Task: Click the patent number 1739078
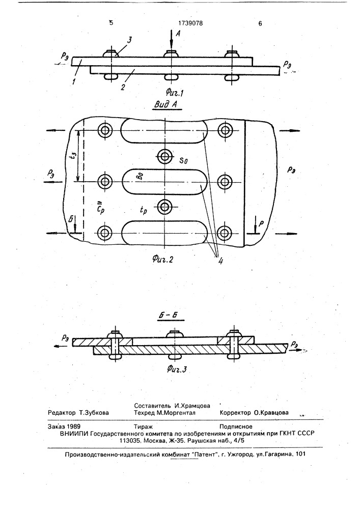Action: pos(190,23)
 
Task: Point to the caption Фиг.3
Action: pos(177,369)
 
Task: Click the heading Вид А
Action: pos(168,105)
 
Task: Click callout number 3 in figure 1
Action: pos(129,40)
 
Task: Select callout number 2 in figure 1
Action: pos(123,87)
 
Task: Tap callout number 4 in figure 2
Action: pos(220,260)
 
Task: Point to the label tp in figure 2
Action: pos(143,211)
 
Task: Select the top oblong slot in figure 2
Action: pos(164,131)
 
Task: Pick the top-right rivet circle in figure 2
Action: pos(225,130)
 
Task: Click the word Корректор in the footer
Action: pos(235,413)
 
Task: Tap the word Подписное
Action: pos(236,427)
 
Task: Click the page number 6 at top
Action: pos(260,23)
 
